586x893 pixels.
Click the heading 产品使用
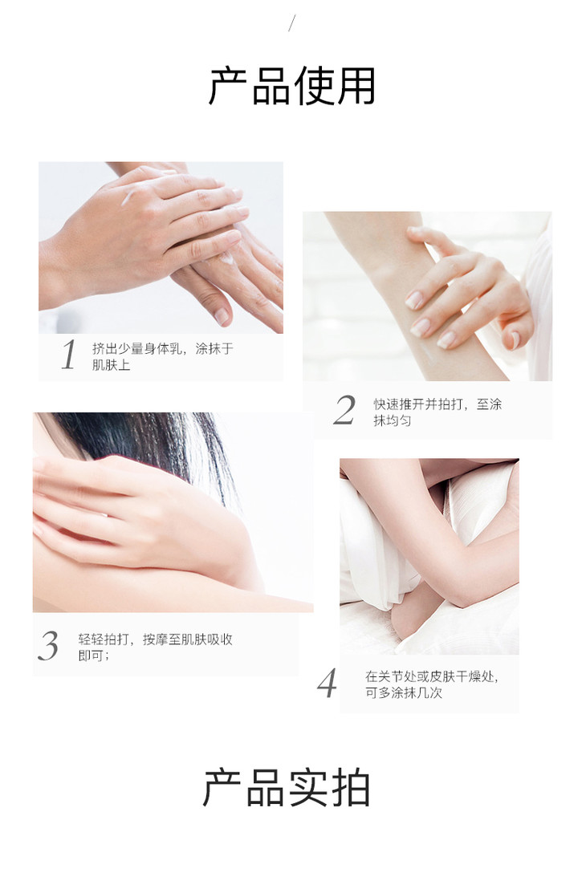pyautogui.click(x=292, y=86)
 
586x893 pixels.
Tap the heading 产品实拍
pyautogui.click(x=287, y=788)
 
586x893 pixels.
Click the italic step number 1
pyautogui.click(x=69, y=355)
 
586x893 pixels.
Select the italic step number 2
pyautogui.click(x=344, y=410)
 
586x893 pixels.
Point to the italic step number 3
pyautogui.click(x=48, y=646)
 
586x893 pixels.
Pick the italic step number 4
pyautogui.click(x=328, y=683)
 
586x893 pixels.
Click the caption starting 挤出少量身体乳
pyautogui.click(x=162, y=356)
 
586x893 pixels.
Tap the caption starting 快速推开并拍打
pyautogui.click(x=437, y=412)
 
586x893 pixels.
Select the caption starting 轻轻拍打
pyautogui.click(x=155, y=647)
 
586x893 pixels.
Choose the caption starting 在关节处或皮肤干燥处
pyautogui.click(x=432, y=684)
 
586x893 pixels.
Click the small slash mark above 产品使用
pyautogui.click(x=292, y=23)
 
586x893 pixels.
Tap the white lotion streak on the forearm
pyautogui.click(x=432, y=357)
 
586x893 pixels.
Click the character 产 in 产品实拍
pyautogui.click(x=223, y=788)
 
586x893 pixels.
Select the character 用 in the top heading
pyautogui.click(x=356, y=86)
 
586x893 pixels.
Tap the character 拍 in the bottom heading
pyautogui.click(x=350, y=788)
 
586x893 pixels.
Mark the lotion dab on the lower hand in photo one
pyautogui.click(x=227, y=259)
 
